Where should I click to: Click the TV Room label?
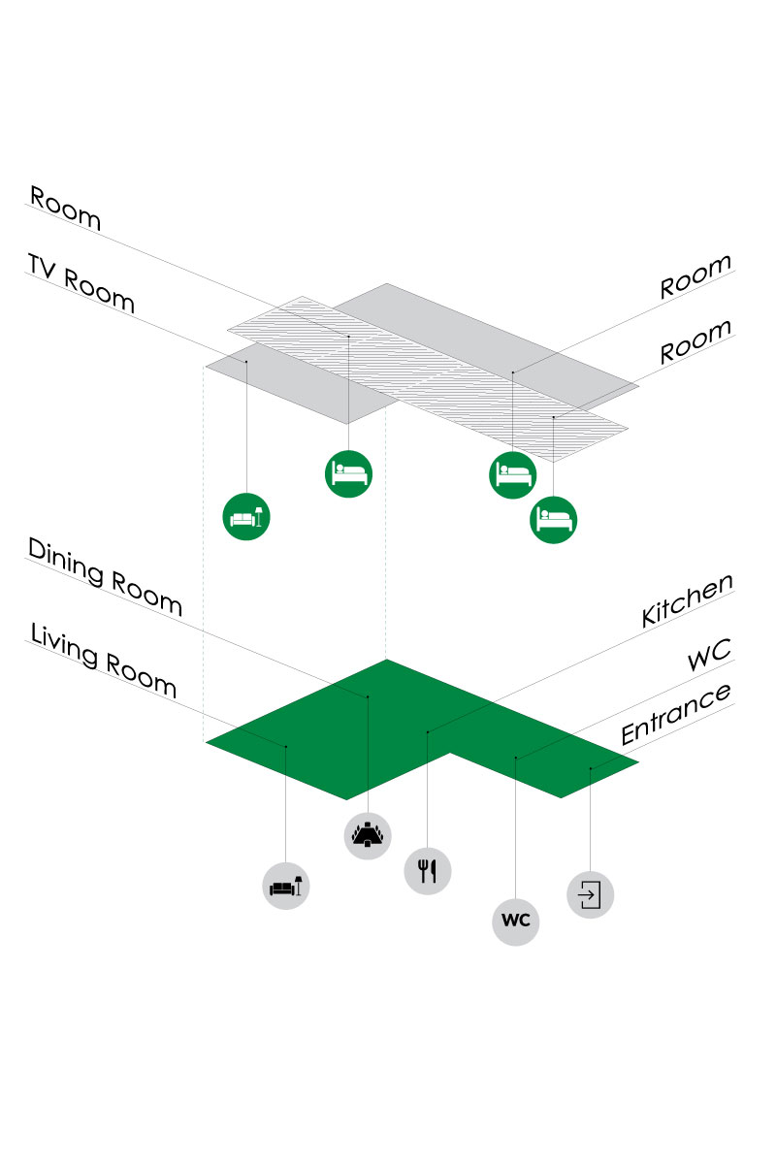81,282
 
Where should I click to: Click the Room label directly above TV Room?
65,208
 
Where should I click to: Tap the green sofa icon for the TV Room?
246,516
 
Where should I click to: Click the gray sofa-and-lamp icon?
286,885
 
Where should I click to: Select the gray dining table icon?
369,833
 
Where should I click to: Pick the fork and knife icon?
428,869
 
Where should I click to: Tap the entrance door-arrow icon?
591,893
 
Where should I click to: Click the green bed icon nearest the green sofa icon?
348,473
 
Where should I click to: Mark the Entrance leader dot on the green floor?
591,769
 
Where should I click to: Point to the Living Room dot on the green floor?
286,746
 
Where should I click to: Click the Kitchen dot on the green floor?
428,731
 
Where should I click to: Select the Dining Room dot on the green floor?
368,696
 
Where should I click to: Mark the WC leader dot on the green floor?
516,758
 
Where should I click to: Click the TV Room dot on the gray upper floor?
246,362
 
